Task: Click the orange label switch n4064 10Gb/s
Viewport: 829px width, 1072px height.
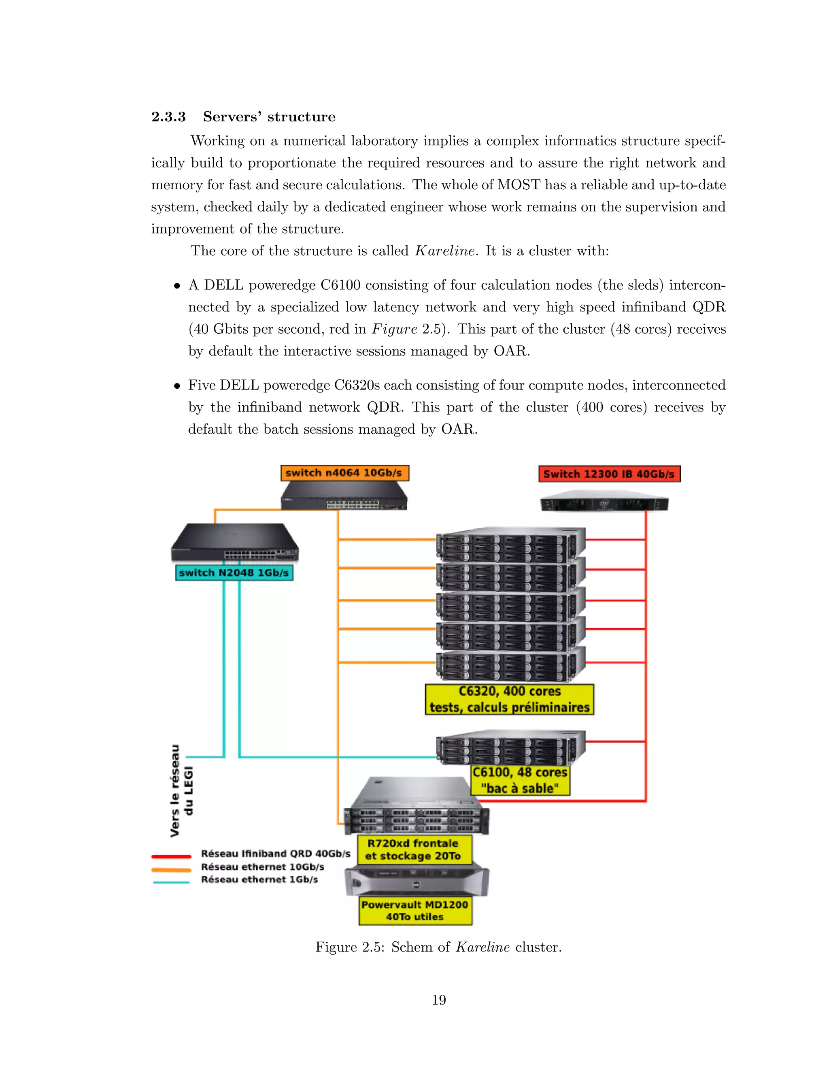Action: (x=344, y=472)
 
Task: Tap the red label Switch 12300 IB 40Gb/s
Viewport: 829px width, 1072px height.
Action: (x=609, y=474)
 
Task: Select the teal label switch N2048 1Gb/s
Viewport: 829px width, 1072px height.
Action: (x=234, y=573)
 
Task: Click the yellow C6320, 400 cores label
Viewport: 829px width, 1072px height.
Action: (x=509, y=699)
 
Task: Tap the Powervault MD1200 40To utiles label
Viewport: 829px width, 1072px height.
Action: (x=415, y=911)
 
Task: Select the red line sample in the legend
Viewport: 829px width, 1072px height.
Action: (x=171, y=856)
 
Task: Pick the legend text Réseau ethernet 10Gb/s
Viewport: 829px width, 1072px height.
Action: (x=263, y=867)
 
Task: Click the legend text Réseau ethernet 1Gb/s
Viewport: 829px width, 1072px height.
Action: (x=259, y=879)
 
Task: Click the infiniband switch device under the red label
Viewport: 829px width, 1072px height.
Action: (x=604, y=502)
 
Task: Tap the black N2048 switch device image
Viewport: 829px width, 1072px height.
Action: (x=234, y=544)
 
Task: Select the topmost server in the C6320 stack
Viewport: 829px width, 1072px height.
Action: (x=511, y=544)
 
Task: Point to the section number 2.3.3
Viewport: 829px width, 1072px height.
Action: (x=168, y=117)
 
